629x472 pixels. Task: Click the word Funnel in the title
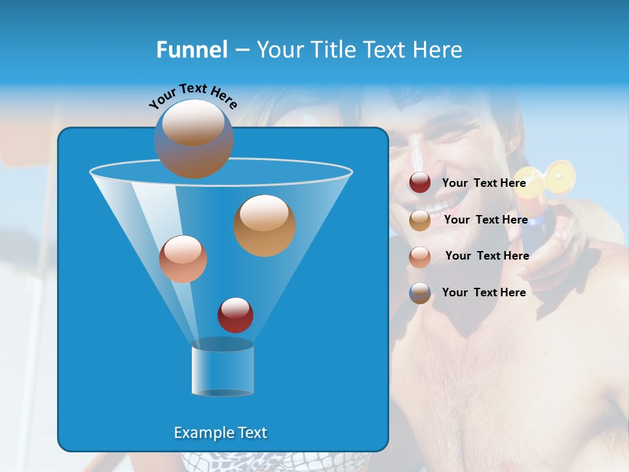coord(191,50)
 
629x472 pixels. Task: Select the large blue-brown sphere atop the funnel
coord(193,138)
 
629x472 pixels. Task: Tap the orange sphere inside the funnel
coord(265,225)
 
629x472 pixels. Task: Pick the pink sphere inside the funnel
coord(183,259)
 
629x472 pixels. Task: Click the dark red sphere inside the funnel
coord(235,315)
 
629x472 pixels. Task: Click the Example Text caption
coord(221,433)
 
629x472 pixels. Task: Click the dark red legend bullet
coord(420,183)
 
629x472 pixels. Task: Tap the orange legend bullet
coord(420,220)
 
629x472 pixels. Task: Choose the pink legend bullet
coord(420,256)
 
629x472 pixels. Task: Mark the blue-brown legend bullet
coord(420,293)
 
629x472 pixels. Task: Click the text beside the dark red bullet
coord(484,184)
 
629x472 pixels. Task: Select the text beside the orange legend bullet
coord(486,220)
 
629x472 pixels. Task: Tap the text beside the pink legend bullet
coord(487,256)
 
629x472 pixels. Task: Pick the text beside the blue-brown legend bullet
coord(484,292)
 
